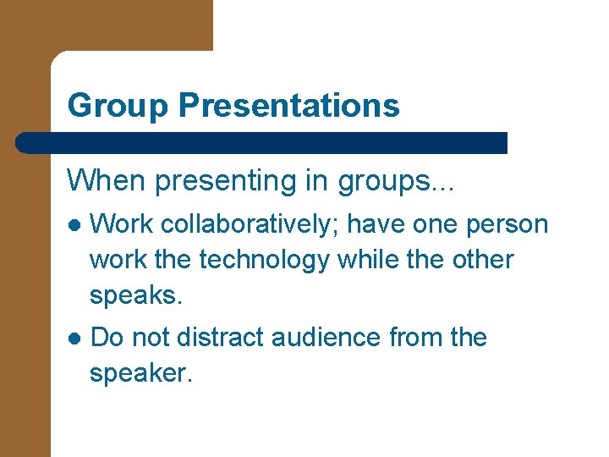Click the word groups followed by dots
[394, 179]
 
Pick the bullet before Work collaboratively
[74, 225]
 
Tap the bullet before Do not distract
[74, 338]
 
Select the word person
[507, 224]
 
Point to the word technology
[263, 260]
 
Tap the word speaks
[136, 296]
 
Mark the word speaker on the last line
[141, 373]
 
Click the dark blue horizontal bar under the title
[262, 142]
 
